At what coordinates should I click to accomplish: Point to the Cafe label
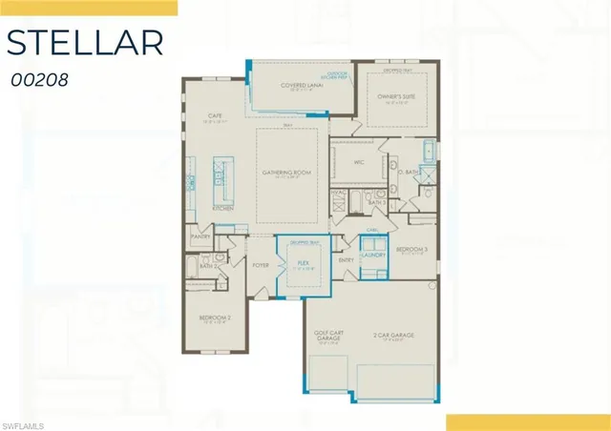point(216,117)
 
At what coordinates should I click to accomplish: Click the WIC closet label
point(360,162)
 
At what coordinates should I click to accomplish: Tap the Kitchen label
point(223,207)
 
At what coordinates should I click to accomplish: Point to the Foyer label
point(261,266)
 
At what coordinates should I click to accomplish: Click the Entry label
point(346,258)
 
